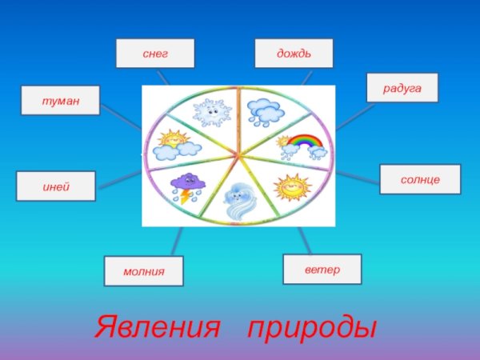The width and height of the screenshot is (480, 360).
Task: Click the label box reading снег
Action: point(155,53)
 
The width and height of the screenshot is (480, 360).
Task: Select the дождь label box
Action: point(294,53)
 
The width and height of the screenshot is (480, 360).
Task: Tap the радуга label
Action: point(402,87)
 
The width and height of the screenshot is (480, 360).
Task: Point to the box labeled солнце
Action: point(420,180)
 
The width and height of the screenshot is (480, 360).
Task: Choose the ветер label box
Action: point(322,269)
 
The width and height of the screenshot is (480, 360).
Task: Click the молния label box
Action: point(143,271)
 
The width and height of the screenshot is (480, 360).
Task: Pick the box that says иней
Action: point(56,186)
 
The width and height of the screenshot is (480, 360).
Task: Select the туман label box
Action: point(60,101)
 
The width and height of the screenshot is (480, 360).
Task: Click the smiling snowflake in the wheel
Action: point(211,112)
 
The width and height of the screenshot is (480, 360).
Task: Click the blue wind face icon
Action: point(239,201)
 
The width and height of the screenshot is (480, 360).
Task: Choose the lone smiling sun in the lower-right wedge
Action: point(290,187)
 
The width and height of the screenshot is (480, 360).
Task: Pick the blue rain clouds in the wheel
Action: point(262,111)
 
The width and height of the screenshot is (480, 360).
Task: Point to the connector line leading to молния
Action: point(178,238)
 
